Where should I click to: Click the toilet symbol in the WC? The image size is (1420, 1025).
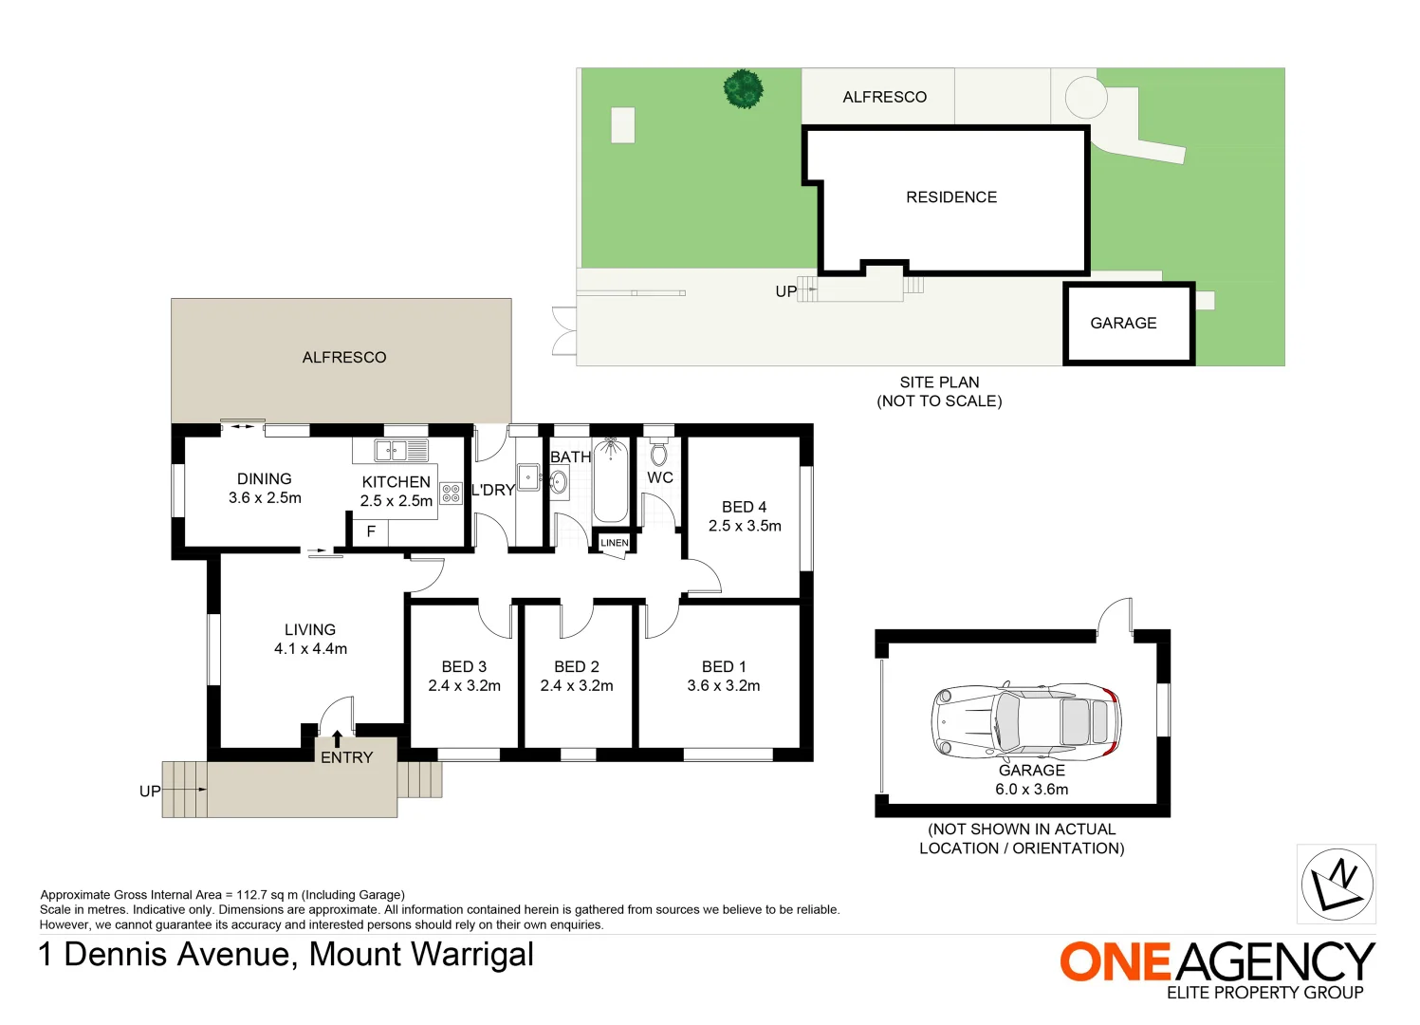(659, 454)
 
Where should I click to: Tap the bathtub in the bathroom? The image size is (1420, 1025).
(610, 481)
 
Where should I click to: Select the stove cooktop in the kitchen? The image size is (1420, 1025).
(452, 494)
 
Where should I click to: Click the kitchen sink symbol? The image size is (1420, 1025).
(402, 450)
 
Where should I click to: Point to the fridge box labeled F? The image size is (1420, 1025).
(371, 532)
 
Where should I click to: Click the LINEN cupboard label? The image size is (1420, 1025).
(614, 543)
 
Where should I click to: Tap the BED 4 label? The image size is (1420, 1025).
(744, 507)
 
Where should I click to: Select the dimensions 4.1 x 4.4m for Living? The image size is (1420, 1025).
(310, 649)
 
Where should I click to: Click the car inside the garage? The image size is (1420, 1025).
(1025, 718)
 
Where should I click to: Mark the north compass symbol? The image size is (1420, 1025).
(1337, 884)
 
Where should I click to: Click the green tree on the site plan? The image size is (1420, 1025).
(744, 89)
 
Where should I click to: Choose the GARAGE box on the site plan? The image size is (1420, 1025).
(1128, 324)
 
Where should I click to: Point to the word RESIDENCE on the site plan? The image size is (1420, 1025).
(951, 197)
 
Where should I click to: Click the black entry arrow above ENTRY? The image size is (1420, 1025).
(337, 738)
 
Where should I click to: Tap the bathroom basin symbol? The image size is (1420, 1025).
(560, 482)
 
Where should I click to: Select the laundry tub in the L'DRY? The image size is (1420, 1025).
(528, 476)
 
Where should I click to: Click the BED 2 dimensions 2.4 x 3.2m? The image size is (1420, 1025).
(577, 685)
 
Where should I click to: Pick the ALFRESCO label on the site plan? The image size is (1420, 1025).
(884, 97)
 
